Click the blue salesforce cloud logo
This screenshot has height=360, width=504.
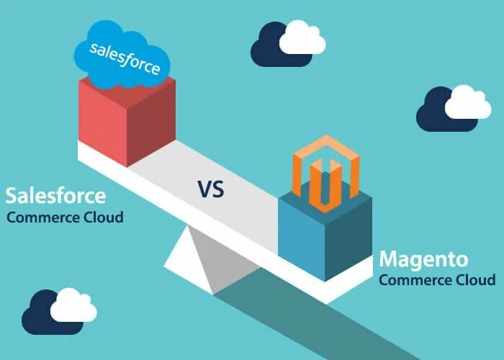123,53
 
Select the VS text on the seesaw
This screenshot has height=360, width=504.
210,189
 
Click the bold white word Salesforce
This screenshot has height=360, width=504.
55,195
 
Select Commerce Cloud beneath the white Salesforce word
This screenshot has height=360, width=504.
65,217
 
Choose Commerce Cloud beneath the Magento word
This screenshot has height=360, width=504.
436,279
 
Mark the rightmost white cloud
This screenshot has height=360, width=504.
468,104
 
